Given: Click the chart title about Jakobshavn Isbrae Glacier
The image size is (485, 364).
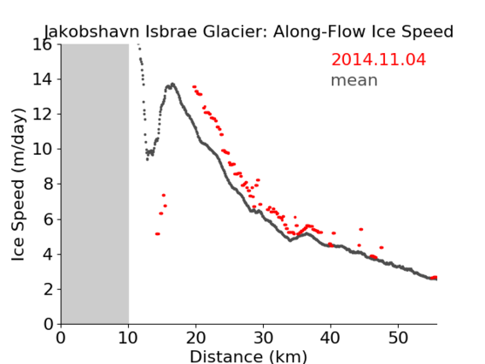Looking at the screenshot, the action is [x=248, y=32].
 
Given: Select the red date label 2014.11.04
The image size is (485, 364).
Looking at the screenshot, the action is [x=378, y=60].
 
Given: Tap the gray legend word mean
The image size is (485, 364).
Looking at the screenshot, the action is [x=354, y=80].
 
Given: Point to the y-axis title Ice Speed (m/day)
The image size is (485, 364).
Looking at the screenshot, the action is [x=18, y=185].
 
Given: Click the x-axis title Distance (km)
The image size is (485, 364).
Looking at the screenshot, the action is [x=248, y=356].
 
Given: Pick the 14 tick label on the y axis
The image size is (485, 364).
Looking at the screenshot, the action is [x=43, y=79].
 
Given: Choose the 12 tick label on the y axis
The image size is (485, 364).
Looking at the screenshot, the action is [x=43, y=114].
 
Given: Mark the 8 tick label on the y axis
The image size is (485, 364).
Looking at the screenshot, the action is [x=48, y=185].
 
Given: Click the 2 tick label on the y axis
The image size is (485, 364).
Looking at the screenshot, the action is [x=48, y=290].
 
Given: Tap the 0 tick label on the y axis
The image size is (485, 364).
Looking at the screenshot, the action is [x=48, y=325].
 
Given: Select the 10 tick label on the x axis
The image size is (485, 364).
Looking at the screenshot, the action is [x=128, y=338].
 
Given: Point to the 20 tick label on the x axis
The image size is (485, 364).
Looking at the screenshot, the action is [x=196, y=338].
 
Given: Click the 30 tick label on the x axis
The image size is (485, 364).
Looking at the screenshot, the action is [x=263, y=338].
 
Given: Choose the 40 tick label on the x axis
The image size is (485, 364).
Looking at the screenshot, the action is [x=330, y=338].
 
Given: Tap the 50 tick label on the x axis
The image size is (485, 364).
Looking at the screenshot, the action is [x=398, y=338].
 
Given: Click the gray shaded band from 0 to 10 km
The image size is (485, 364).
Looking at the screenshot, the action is [x=95, y=184].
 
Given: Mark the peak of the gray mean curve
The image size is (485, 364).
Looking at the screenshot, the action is [x=172, y=84].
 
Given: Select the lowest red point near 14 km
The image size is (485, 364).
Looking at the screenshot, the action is [x=157, y=233].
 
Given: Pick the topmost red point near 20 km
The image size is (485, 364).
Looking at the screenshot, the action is [x=194, y=87].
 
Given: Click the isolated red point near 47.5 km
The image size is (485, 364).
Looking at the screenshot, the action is [x=382, y=247].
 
